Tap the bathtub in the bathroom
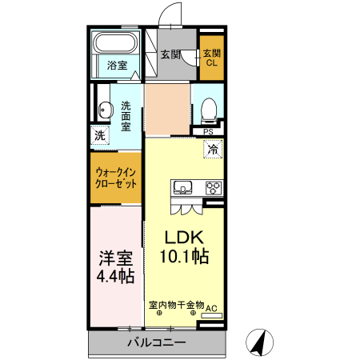click(117, 43)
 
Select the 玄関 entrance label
click(169, 54)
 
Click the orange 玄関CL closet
click(212, 58)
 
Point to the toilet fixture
click(209, 107)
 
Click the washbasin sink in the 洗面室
click(103, 111)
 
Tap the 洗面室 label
click(126, 115)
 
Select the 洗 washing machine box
click(99, 136)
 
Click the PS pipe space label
click(208, 133)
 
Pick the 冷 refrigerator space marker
click(212, 148)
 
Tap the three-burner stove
click(213, 189)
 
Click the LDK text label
click(186, 238)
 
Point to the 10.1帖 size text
click(186, 257)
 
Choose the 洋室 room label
click(116, 258)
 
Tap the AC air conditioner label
click(212, 307)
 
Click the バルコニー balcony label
click(156, 342)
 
